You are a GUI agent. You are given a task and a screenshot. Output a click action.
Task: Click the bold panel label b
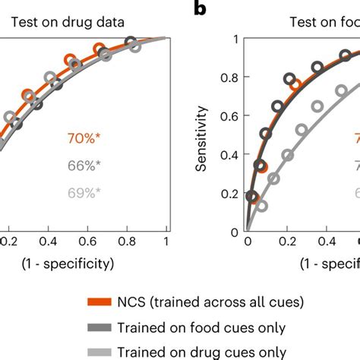[x=199, y=8]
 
